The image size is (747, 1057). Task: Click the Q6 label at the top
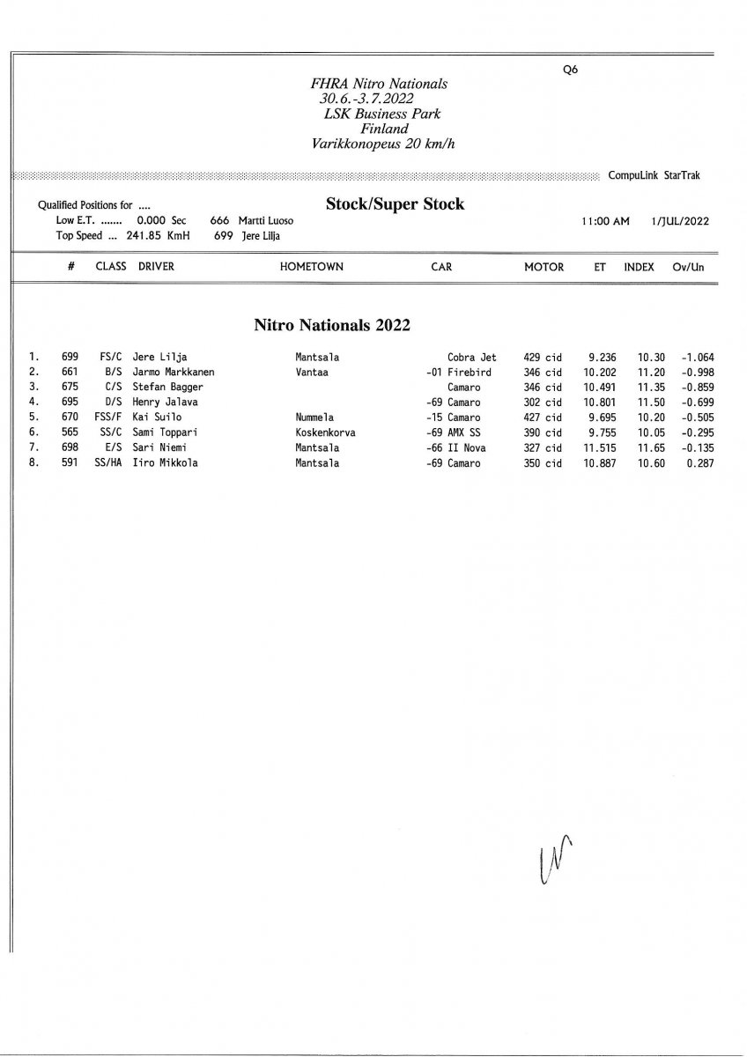(569, 70)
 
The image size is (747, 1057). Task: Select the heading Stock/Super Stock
(395, 204)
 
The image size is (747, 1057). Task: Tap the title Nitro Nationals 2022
(332, 325)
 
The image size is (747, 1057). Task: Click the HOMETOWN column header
(311, 267)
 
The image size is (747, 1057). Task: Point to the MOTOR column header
(544, 267)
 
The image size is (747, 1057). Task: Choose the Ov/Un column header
(688, 267)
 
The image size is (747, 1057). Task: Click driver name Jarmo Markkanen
(173, 373)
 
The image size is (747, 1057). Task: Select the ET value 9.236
(603, 358)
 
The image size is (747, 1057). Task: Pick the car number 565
(70, 432)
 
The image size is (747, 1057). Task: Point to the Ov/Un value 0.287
(698, 462)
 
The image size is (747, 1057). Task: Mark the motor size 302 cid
(542, 403)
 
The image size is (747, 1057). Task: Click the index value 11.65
(650, 447)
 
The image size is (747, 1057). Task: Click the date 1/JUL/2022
(680, 221)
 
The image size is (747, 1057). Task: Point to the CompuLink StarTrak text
(654, 175)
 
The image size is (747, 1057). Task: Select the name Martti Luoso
(265, 221)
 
